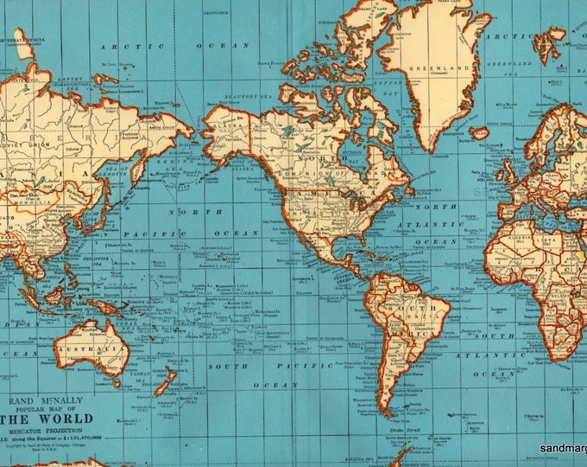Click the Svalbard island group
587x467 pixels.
tap(552, 35)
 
